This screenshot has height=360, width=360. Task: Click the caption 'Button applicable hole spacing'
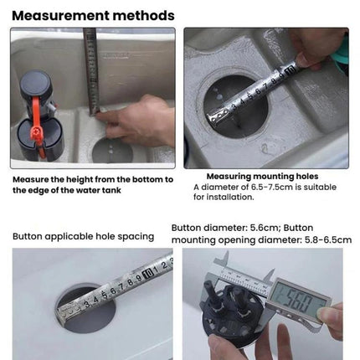click(83, 236)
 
